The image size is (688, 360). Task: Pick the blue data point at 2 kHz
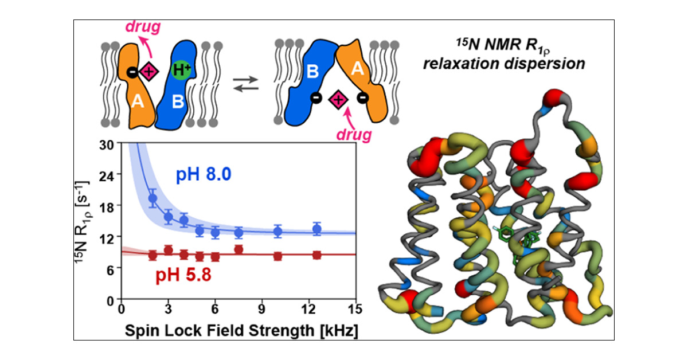coord(153,198)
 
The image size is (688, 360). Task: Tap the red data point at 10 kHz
coord(278,256)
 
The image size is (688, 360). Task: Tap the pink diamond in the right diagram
coord(338,100)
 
